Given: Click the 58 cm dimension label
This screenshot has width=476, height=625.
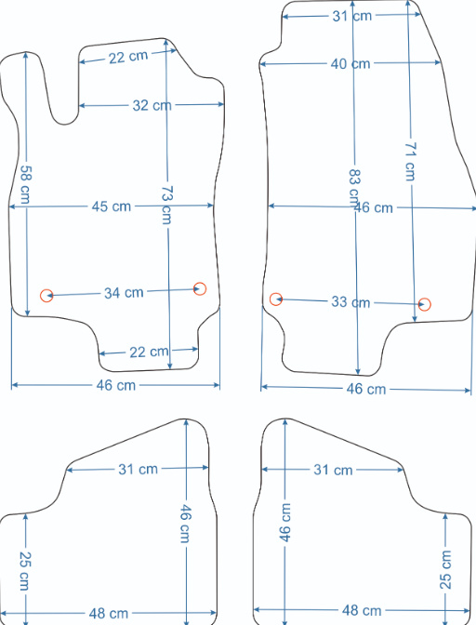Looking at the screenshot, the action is pyautogui.click(x=25, y=184).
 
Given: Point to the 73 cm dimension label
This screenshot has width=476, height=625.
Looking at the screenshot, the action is pyautogui.click(x=166, y=205).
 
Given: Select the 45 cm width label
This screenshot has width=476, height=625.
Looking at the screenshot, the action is pyautogui.click(x=112, y=206).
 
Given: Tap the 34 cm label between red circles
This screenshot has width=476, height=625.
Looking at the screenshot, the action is pyautogui.click(x=124, y=293).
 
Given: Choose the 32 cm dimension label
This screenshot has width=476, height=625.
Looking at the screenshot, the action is pyautogui.click(x=152, y=106).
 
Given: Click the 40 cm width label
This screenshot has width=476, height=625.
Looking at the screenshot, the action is pyautogui.click(x=350, y=64).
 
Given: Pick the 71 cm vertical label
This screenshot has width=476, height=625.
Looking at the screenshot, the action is pyautogui.click(x=410, y=162).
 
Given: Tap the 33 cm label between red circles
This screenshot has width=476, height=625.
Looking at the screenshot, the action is pyautogui.click(x=350, y=302).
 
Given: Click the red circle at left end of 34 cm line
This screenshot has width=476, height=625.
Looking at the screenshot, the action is pyautogui.click(x=46, y=296).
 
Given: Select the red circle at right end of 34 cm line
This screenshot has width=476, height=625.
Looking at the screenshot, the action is pyautogui.click(x=200, y=288).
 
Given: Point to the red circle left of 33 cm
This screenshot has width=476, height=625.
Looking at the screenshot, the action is pyautogui.click(x=276, y=299).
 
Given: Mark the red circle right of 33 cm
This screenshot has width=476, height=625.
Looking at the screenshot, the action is pyautogui.click(x=425, y=304).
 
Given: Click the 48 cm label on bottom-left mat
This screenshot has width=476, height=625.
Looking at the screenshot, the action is pyautogui.click(x=109, y=614).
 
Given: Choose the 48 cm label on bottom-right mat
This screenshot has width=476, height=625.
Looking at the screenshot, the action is pyautogui.click(x=362, y=610).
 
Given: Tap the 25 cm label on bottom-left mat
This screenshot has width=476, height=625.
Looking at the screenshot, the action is pyautogui.click(x=25, y=571).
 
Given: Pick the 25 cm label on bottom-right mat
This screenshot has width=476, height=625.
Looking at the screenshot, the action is pyautogui.click(x=445, y=570).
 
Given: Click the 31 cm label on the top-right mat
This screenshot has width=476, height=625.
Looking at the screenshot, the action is pyautogui.click(x=352, y=16).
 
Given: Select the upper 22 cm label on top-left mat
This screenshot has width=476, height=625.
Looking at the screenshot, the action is pyautogui.click(x=128, y=57).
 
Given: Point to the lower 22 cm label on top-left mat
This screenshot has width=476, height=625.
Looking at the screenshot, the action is pyautogui.click(x=149, y=352).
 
